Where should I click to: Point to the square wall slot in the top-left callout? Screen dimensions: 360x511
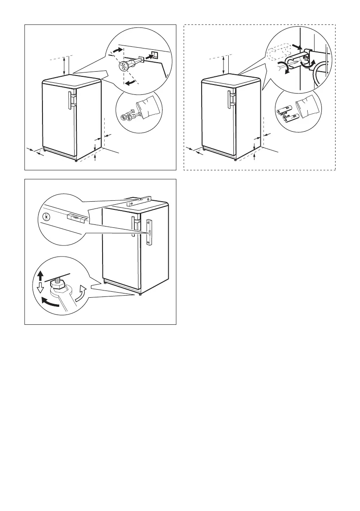[x=155, y=55]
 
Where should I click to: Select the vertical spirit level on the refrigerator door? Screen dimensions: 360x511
[x=149, y=232]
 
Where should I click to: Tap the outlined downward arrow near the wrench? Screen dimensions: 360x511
[x=41, y=287]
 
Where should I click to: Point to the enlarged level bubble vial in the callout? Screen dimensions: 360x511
[x=75, y=217]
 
